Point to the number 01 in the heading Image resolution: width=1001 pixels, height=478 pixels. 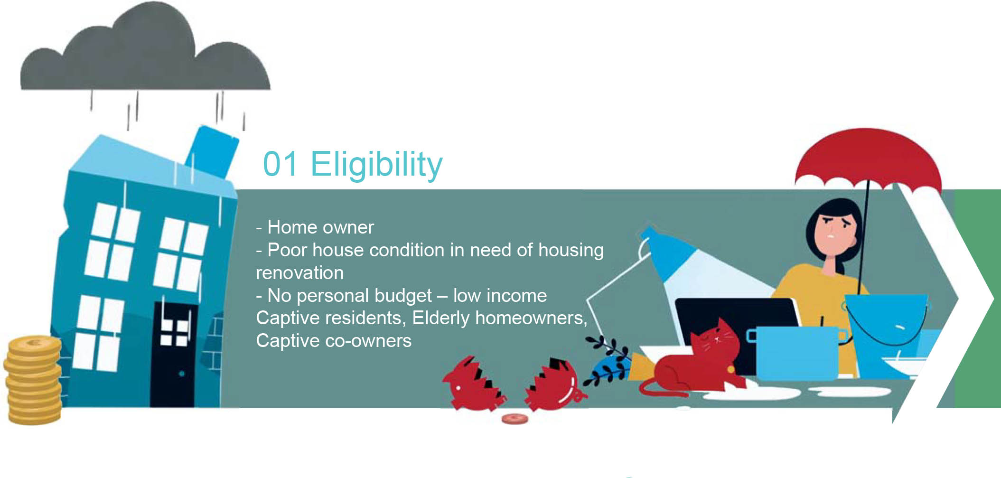coord(280,164)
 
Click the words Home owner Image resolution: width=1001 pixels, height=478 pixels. coord(320,227)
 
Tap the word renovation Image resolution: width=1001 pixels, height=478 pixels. coord(299,273)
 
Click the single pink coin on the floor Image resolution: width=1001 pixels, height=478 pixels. coord(515,419)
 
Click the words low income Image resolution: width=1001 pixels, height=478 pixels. coord(500,296)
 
